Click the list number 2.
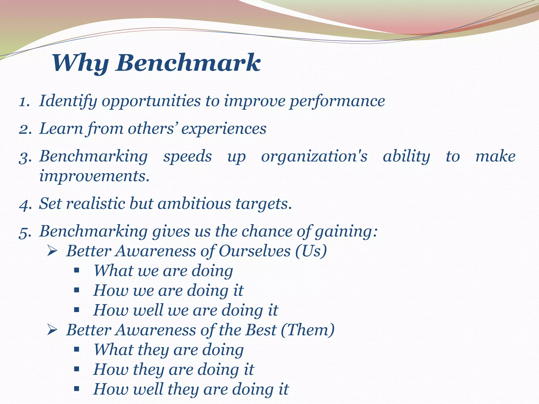coord(25,129)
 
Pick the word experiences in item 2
coord(224,129)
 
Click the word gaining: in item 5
coord(346,232)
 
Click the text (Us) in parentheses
coord(311,251)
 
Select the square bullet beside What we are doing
coord(77,270)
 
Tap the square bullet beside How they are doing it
coord(77,369)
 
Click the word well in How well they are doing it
coord(148,389)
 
